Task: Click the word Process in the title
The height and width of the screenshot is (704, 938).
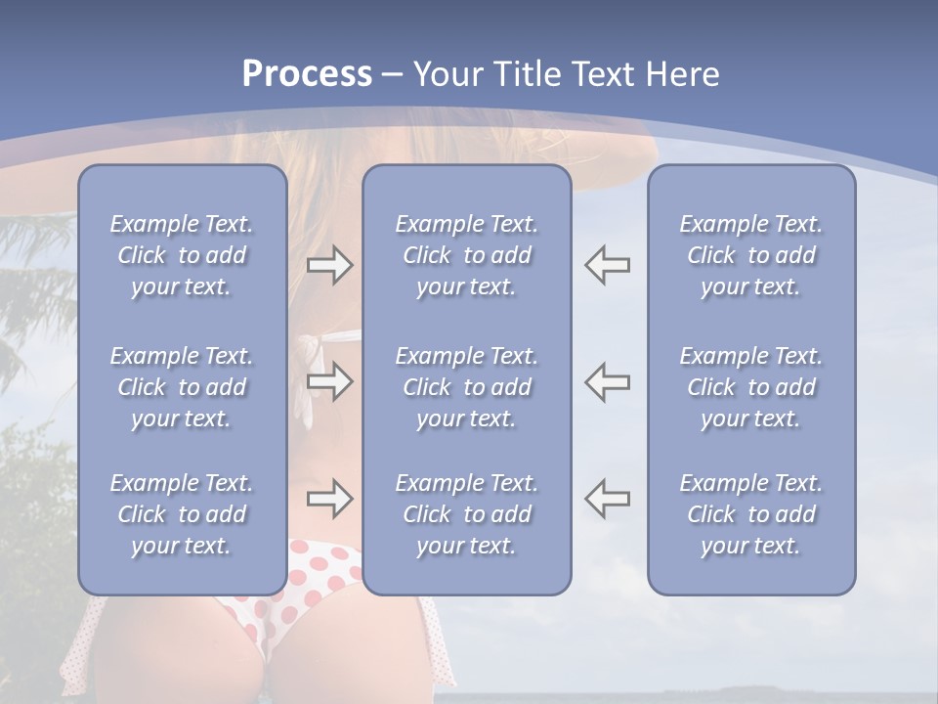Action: [307, 74]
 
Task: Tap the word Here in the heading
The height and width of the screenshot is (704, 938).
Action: [682, 74]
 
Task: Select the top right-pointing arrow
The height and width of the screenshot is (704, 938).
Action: [329, 265]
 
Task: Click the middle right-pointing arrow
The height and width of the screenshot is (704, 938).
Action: [329, 381]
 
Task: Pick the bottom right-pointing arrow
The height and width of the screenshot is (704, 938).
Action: [329, 499]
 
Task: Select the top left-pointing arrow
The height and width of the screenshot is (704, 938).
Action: [607, 265]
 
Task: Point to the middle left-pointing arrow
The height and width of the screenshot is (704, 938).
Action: [607, 381]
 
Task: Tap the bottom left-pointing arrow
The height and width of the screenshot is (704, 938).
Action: [607, 499]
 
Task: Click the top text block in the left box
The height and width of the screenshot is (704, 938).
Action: [182, 255]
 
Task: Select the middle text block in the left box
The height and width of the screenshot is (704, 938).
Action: [182, 387]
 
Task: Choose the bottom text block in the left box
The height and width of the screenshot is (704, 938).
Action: [182, 514]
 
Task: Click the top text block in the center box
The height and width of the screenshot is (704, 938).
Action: [467, 255]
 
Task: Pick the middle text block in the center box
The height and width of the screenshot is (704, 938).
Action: [467, 387]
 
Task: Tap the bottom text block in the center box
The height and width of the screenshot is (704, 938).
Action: [467, 514]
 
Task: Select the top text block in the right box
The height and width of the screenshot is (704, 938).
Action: [751, 255]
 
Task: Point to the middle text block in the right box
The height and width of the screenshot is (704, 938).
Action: [751, 387]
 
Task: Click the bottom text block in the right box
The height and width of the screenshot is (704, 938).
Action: [751, 514]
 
